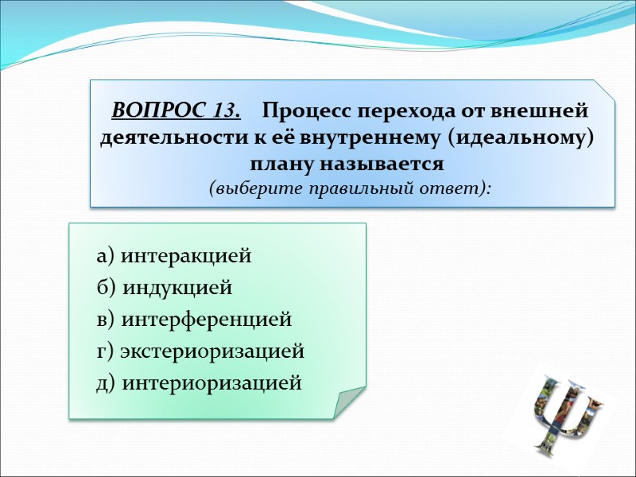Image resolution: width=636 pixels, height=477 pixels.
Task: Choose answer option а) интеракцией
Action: coord(174,257)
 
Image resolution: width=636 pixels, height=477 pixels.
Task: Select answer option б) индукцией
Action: coord(164,289)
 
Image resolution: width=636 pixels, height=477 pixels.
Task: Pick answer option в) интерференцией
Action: coord(194,320)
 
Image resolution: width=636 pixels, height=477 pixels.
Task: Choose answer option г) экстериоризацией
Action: coord(200,351)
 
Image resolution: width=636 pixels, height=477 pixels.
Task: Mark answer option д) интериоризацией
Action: coord(199,383)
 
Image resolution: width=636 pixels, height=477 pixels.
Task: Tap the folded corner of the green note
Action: coord(348,401)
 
